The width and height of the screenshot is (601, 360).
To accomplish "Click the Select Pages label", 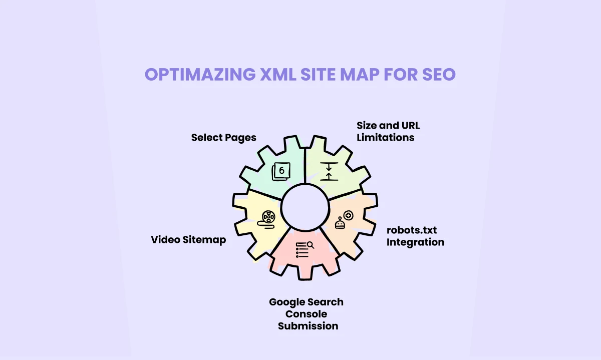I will pos(223,137).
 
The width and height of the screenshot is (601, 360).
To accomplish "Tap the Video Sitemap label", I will pos(188,240).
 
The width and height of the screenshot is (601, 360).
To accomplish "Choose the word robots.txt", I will pos(412,230).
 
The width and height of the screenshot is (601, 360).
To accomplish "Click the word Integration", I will pos(415,242).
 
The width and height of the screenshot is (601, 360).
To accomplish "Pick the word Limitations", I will pos(385,137).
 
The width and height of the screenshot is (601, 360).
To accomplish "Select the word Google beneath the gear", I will pos(288,302).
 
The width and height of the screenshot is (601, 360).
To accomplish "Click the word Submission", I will pos(308,326).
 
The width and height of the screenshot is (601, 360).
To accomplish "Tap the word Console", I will pos(306,314).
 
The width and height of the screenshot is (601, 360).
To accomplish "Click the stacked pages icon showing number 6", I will pos(280,172).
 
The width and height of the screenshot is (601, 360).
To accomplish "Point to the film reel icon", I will pos(268,218).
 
